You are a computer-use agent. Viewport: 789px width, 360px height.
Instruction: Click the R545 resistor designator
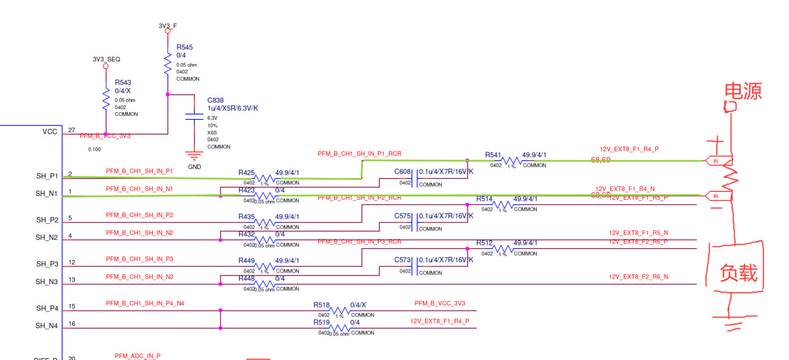pos(184,47)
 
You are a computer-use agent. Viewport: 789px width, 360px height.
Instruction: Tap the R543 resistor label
pos(123,82)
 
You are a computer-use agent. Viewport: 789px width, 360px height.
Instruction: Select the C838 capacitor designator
pos(215,100)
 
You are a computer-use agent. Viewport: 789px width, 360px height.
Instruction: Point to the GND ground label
pos(194,166)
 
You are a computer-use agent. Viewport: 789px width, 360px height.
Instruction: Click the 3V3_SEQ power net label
pos(106,59)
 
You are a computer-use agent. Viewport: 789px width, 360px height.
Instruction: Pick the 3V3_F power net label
pos(168,26)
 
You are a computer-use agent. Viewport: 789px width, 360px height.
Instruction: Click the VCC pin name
pos(50,131)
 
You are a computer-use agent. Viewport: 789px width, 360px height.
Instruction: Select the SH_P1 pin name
pos(46,176)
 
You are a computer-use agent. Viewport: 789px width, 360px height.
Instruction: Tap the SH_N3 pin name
pos(46,282)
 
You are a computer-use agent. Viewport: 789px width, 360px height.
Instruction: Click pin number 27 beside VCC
pos(72,130)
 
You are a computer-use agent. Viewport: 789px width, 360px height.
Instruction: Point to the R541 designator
pos(493,155)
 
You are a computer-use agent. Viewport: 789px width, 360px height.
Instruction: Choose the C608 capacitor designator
pos(403,172)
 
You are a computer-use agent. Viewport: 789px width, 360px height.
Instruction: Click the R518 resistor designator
pos(321,305)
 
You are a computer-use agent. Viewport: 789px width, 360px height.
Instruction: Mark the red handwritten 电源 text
pos(743,91)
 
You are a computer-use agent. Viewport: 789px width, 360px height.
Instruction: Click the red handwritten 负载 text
pos(738,272)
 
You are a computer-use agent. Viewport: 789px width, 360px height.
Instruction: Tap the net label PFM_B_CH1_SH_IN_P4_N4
pos(145,303)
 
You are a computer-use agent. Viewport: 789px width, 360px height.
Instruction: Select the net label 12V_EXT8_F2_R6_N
pos(638,277)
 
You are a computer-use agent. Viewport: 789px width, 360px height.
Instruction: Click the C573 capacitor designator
pos(403,260)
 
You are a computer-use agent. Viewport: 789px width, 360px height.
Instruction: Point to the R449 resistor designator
pos(246,261)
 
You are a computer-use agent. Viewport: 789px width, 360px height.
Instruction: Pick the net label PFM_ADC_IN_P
pos(137,356)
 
